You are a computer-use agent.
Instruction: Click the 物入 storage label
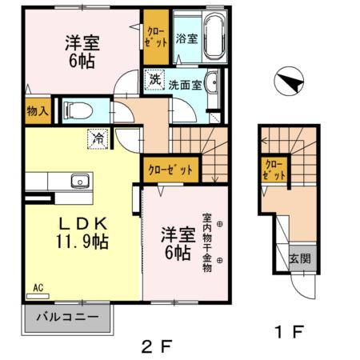coord(37,110)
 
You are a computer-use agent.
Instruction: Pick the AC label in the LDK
coord(37,286)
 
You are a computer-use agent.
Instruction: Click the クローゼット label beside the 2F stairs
coord(170,170)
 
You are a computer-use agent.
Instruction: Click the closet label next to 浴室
coord(156,37)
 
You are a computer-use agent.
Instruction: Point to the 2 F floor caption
coord(157,347)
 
